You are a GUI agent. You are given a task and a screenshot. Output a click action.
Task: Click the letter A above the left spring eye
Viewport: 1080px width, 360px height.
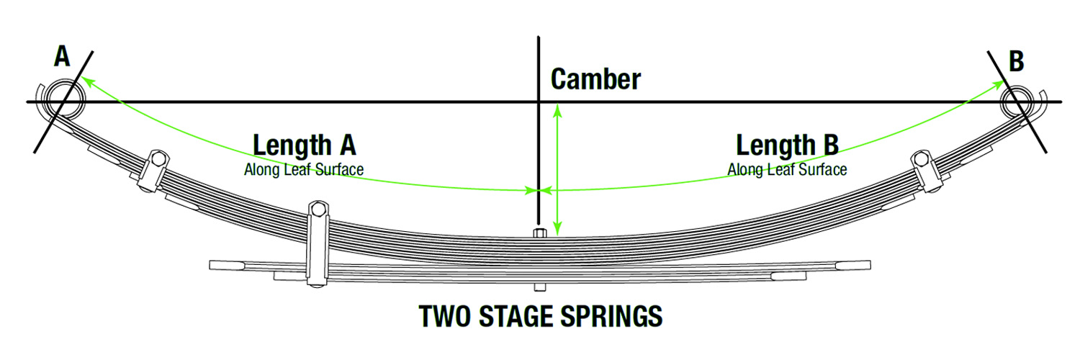coord(62,56)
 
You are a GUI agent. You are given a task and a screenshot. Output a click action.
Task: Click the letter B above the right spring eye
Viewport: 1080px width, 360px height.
coord(1017,61)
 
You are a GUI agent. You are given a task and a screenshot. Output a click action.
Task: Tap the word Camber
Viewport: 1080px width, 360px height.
coord(595,79)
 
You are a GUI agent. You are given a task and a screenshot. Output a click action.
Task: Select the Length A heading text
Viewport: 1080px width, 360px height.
coord(305,145)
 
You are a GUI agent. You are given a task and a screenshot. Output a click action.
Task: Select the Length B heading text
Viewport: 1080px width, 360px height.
coord(787,145)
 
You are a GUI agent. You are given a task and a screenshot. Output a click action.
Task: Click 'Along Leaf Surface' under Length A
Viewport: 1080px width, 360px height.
coord(304,170)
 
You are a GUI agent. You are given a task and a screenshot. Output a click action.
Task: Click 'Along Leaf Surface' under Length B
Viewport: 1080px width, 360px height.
coord(787,170)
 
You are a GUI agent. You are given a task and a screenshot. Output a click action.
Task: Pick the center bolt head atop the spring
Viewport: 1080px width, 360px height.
coord(539,233)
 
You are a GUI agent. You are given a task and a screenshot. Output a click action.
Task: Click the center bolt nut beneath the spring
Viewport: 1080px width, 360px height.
coord(539,287)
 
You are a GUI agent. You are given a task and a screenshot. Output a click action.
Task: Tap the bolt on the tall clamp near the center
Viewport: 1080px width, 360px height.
coord(318,210)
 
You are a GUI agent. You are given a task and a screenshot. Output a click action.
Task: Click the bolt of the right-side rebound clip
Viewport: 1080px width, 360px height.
coord(921,158)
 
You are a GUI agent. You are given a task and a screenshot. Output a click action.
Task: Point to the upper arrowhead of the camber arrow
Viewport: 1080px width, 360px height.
coord(557,111)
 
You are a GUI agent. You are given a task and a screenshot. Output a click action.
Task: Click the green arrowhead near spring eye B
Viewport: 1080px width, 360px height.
coord(997,86)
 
